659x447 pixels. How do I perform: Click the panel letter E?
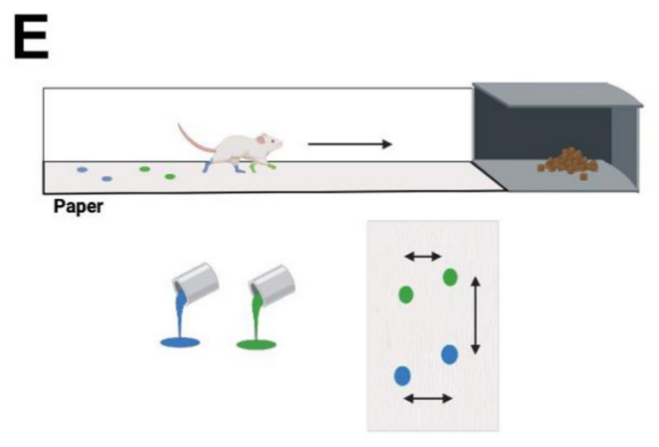[x=31, y=37]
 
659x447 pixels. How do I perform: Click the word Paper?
[x=79, y=207]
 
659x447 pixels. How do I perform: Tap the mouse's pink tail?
[x=194, y=139]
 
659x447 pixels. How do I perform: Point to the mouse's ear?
[x=262, y=139]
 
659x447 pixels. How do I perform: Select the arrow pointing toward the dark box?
[x=349, y=144]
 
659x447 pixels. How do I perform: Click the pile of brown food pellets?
[x=567, y=163]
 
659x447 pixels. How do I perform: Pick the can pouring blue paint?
[x=196, y=283]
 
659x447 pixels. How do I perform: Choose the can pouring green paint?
[x=273, y=285]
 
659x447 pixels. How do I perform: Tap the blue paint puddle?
[x=180, y=342]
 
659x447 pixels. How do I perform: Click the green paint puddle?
[x=257, y=344]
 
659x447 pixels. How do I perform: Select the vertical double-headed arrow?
[x=476, y=316]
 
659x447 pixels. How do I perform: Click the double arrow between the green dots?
[x=423, y=256]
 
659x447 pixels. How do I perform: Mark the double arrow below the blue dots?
[x=428, y=398]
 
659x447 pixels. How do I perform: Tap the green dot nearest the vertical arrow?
[x=450, y=277]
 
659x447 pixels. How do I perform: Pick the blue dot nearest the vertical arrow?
[x=449, y=354]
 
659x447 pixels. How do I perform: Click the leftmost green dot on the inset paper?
[x=406, y=295]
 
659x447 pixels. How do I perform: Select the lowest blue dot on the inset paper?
[x=402, y=376]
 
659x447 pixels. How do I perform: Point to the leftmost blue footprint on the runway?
[x=82, y=170]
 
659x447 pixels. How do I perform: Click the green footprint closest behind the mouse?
[x=170, y=176]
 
